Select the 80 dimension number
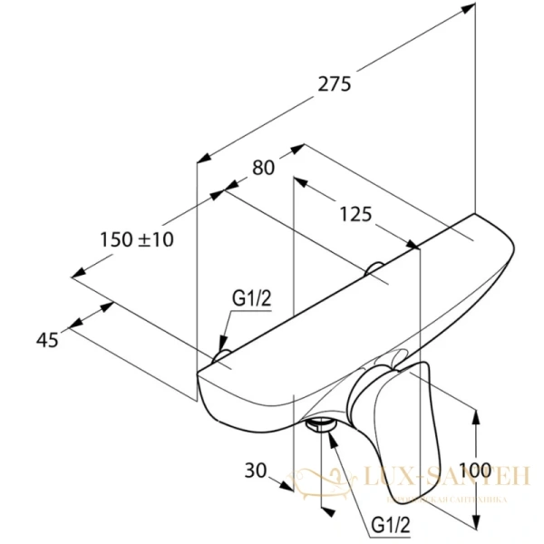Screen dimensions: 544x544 (x=263, y=168)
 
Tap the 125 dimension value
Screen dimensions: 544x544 (x=355, y=214)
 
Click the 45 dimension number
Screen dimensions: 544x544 (x=47, y=339)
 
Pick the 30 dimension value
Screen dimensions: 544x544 (x=256, y=470)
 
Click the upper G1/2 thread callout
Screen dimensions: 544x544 (x=249, y=297)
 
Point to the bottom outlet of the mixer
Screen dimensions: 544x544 (x=320, y=424)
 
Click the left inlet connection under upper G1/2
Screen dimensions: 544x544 (x=221, y=352)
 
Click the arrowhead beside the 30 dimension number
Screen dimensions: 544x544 (x=288, y=485)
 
